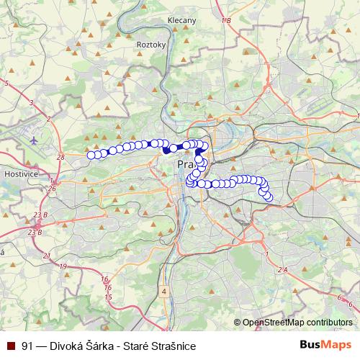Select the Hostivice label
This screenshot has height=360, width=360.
(16, 175)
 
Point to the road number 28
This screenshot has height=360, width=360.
(60, 156)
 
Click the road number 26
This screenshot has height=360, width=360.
(52, 189)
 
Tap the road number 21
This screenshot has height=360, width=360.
(46, 256)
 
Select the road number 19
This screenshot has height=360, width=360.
(63, 266)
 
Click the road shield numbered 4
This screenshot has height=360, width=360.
(164, 292)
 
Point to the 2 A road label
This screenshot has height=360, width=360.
(282, 269)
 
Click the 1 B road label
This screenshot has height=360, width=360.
(226, 20)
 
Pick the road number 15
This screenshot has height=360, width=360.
(108, 297)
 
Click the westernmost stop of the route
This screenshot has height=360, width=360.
(91, 154)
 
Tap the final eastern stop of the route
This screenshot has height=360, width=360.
(269, 196)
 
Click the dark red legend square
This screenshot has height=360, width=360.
(11, 346)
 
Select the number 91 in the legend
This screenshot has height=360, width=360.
(28, 346)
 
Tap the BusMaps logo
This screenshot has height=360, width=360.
(325, 345)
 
